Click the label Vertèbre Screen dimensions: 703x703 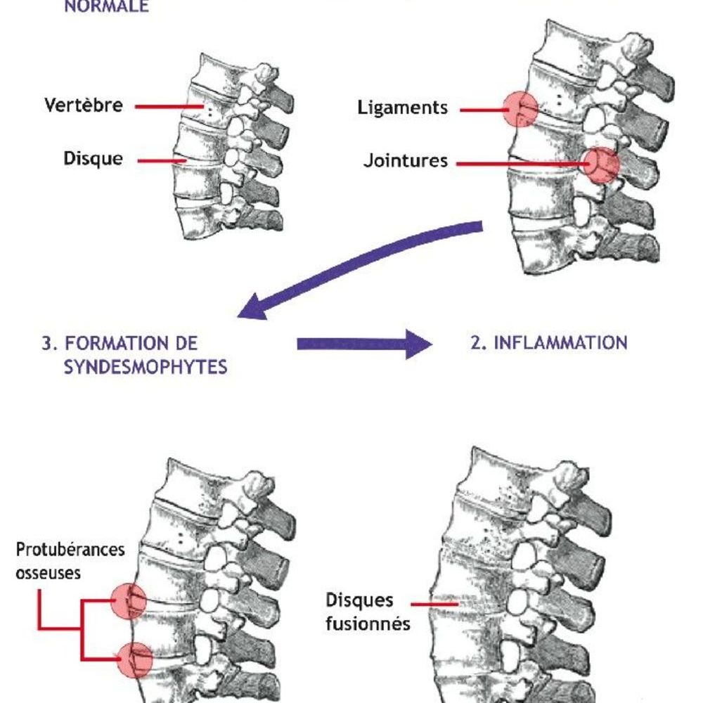click(x=84, y=105)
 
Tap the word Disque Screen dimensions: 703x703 click(x=93, y=159)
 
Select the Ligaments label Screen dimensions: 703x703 click(x=402, y=108)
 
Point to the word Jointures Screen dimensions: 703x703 click(x=405, y=161)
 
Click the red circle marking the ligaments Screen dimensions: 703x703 click(x=521, y=108)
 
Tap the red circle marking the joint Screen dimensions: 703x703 click(x=602, y=165)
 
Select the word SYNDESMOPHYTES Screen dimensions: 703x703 click(x=146, y=367)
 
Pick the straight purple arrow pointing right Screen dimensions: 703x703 click(x=363, y=344)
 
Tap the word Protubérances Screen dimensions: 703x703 click(x=70, y=548)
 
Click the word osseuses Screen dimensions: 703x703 click(x=48, y=572)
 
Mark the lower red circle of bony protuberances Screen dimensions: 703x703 click(x=134, y=660)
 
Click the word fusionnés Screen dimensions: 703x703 click(x=368, y=624)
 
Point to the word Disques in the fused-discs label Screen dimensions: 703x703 click(x=359, y=601)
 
